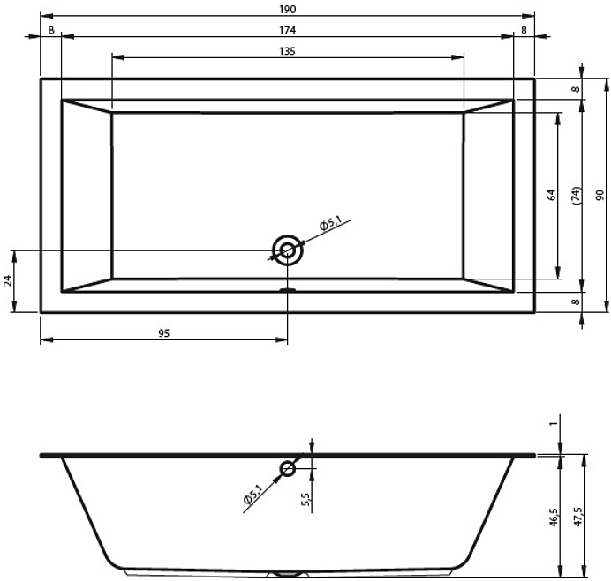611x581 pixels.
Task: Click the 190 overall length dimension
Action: [288, 9]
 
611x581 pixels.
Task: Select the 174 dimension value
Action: [288, 30]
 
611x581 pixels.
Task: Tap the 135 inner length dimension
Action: [288, 51]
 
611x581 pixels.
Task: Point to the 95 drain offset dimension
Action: [164, 333]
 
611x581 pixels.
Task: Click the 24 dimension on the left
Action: [8, 280]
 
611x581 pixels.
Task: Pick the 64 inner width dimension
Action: [551, 195]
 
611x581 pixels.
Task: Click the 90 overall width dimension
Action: [600, 195]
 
